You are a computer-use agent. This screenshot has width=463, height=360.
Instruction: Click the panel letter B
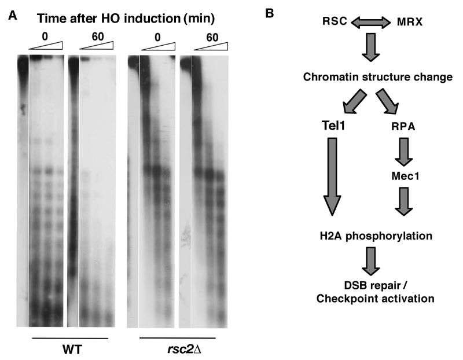point(270,12)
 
